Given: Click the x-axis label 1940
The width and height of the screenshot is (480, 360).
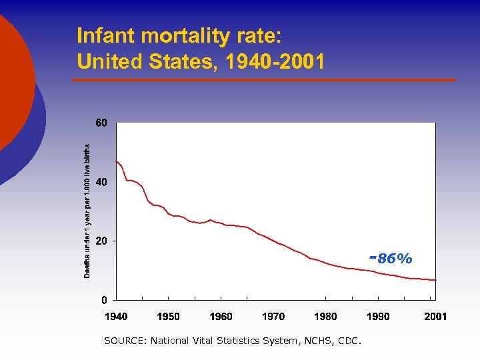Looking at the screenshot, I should coord(116,317).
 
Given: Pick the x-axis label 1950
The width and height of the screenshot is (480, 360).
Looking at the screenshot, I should coord(168,317).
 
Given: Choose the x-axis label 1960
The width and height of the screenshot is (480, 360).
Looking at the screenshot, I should coord(221,317).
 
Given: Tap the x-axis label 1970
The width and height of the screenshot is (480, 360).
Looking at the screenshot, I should coord(273,317).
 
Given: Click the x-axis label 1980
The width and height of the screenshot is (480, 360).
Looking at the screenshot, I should coord(325,317).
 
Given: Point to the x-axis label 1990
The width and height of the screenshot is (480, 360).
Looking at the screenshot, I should coord(378,317).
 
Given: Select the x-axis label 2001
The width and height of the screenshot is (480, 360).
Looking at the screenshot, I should coord(435,317).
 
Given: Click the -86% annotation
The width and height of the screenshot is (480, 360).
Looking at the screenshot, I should coord(391,259).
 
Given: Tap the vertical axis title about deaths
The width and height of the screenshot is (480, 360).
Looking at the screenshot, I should coord(87,211).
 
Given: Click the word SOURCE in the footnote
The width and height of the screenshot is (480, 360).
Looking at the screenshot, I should coord(125,341).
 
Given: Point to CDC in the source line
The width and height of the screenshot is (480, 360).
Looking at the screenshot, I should coord(347,341).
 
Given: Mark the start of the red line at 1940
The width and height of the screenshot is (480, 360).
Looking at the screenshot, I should coord(117,161).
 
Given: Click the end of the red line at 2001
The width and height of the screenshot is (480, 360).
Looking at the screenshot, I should coord(435,280).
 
